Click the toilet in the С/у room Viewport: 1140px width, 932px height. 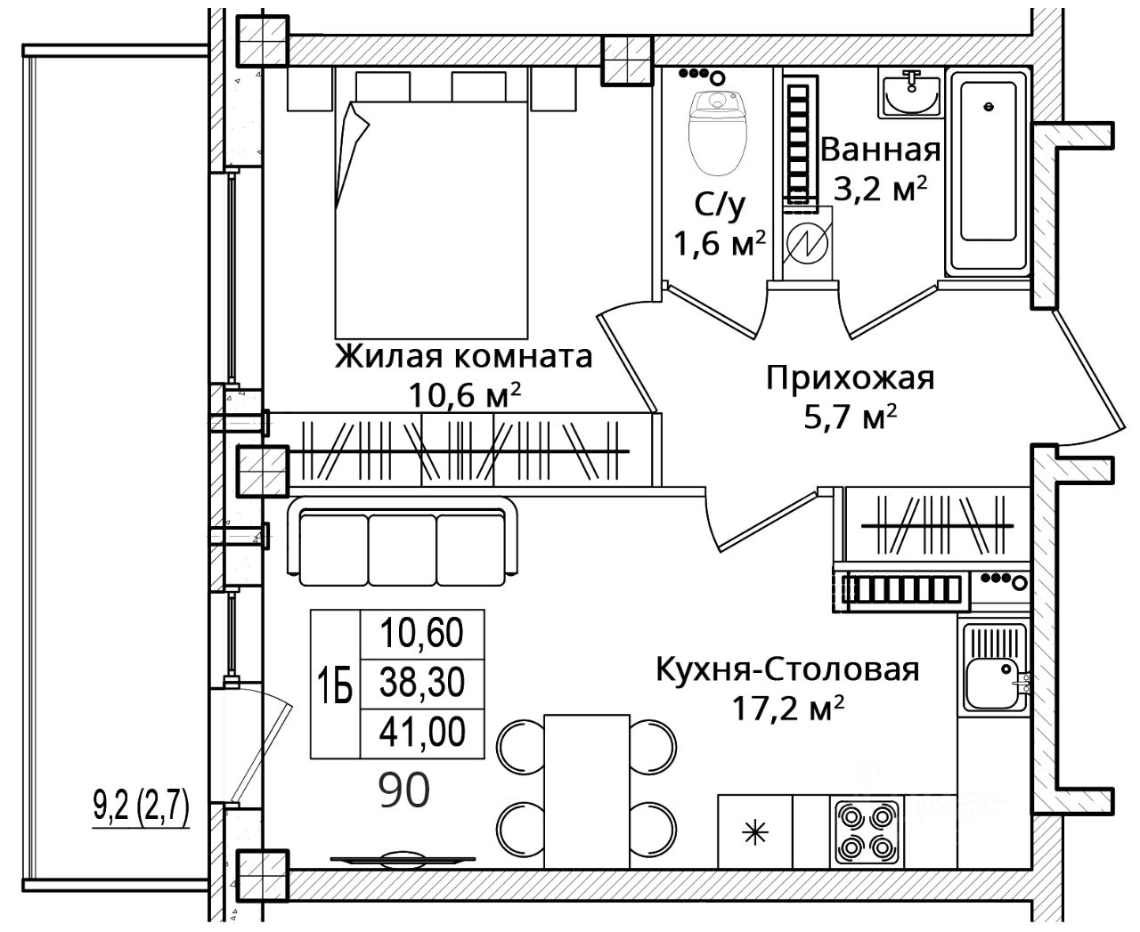coord(717,133)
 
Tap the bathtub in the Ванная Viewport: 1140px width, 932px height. coord(988,171)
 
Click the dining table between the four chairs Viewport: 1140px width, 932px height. coord(587,790)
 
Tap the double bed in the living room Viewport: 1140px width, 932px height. coord(431,219)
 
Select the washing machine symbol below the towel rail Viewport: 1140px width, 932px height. coord(808,244)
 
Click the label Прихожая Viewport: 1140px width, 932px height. coord(851,377)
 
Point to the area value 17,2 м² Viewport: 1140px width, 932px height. coord(787,709)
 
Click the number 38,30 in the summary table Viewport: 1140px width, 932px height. coord(421,683)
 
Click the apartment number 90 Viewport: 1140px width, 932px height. coord(404,790)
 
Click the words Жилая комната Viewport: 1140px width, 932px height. coord(464,357)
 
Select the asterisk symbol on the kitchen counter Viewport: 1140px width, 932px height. coord(755,832)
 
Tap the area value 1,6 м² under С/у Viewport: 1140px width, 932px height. coord(720,243)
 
